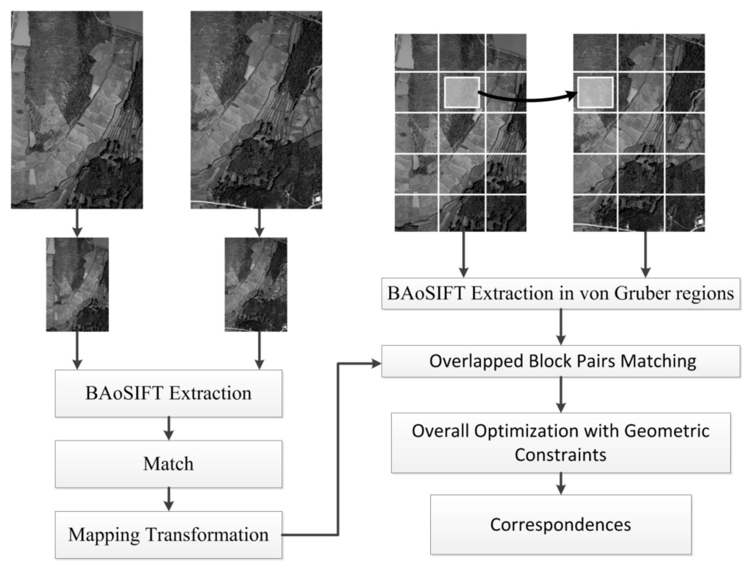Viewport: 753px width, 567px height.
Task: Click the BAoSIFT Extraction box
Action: [168, 392]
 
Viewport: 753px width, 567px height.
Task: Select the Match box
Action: [168, 464]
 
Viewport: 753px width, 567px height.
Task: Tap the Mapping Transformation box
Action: [168, 535]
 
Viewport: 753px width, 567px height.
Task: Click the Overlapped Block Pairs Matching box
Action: [560, 362]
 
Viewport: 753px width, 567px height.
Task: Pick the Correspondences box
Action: [560, 524]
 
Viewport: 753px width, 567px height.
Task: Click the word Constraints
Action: [560, 454]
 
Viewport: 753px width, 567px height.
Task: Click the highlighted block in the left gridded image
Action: [462, 93]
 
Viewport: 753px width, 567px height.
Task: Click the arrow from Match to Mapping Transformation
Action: [168, 499]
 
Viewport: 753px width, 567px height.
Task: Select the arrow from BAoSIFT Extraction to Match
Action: [168, 428]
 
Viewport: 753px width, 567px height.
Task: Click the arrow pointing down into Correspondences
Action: [560, 483]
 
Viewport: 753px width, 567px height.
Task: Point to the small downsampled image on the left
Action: [77, 283]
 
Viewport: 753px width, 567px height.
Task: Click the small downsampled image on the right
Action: [256, 283]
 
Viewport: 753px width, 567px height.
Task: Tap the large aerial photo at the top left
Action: [76, 109]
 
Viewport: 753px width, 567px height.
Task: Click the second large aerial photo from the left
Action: [256, 109]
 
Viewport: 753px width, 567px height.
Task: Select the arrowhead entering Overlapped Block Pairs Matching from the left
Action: [376, 362]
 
